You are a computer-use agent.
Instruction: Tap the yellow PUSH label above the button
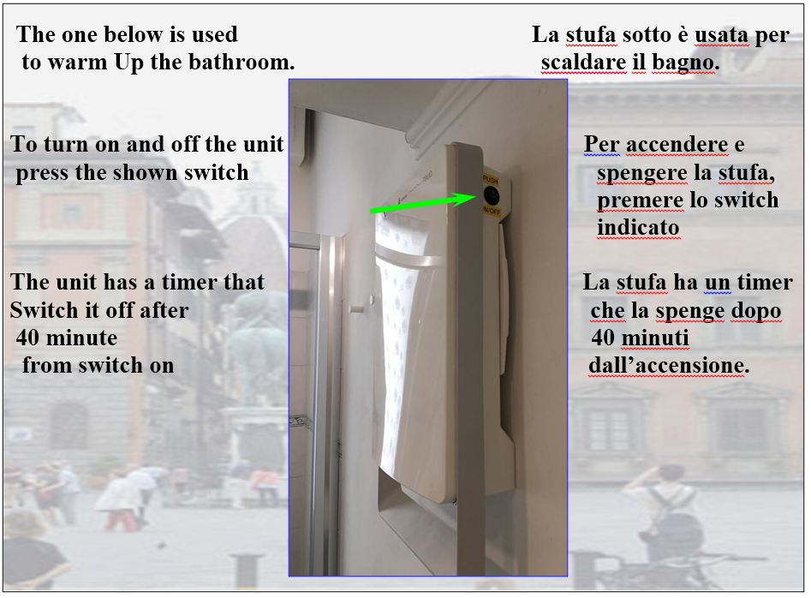pyautogui.click(x=490, y=181)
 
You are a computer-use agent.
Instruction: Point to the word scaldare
pyautogui.click(x=583, y=63)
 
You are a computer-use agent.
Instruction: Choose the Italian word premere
pyautogui.click(x=639, y=200)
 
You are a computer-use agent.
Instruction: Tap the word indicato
pyautogui.click(x=638, y=228)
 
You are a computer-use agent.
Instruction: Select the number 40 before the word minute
pyautogui.click(x=27, y=338)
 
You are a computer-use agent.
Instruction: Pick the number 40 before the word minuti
pyautogui.click(x=603, y=338)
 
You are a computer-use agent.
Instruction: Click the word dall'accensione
pyautogui.click(x=668, y=365)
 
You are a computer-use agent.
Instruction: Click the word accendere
pyautogui.click(x=677, y=144)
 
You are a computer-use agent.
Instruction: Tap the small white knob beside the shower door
pyautogui.click(x=372, y=299)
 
